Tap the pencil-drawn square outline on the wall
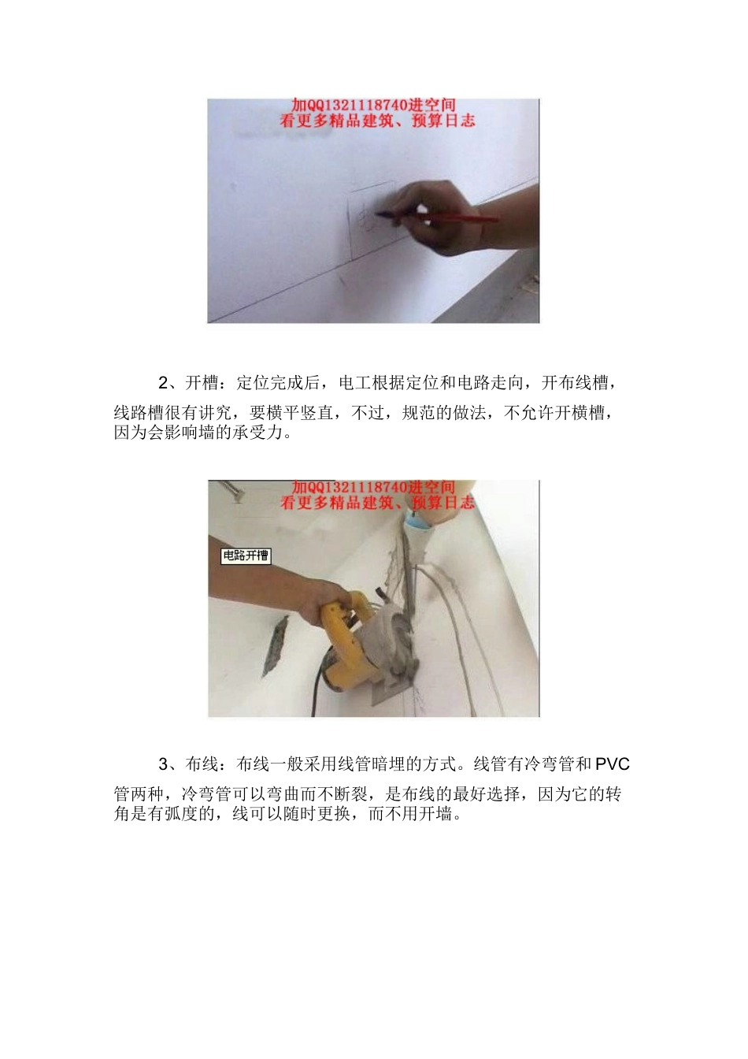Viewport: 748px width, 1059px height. [x=370, y=221]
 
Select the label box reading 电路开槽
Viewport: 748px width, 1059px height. [x=246, y=556]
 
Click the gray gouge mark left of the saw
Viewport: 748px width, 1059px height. [x=274, y=646]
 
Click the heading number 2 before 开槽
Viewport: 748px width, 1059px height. [x=163, y=383]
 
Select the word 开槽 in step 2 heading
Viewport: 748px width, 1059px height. [x=202, y=383]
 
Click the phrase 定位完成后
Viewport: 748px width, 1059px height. [x=278, y=383]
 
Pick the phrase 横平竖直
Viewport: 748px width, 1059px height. [x=298, y=413]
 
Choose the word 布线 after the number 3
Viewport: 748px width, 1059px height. [x=202, y=764]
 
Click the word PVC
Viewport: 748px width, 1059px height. [x=612, y=764]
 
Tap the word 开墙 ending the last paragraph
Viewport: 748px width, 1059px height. [x=435, y=814]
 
